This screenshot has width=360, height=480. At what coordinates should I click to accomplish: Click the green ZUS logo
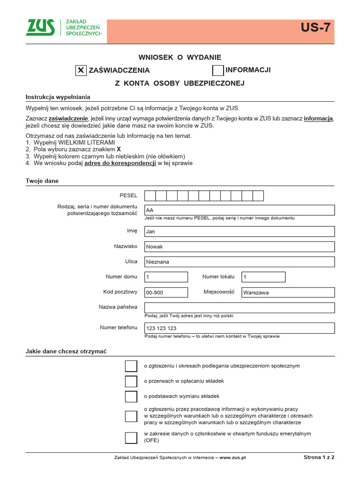pyautogui.click(x=40, y=28)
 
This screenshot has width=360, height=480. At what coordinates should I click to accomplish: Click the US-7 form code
pyautogui.click(x=315, y=28)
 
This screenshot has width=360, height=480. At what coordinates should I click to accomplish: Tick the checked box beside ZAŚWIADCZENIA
pyautogui.click(x=81, y=70)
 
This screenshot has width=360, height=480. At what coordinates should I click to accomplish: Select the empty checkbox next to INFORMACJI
pyautogui.click(x=218, y=70)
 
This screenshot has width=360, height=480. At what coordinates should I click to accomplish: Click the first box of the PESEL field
pyautogui.click(x=150, y=196)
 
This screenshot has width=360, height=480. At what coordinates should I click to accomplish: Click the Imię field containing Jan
pyautogui.click(x=240, y=232)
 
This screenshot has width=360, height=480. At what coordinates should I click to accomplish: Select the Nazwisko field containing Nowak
pyautogui.click(x=240, y=247)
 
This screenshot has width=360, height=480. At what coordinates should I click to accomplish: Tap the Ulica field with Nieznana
pyautogui.click(x=240, y=262)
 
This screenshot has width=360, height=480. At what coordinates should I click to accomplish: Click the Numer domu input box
pyautogui.click(x=166, y=277)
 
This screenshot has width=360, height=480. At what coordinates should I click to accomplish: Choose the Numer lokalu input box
pyautogui.click(x=263, y=277)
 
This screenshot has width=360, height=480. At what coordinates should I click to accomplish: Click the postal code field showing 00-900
pyautogui.click(x=166, y=292)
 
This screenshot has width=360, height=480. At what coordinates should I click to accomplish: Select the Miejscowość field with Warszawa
pyautogui.click(x=288, y=292)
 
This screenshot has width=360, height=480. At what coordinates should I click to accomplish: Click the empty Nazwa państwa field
pyautogui.click(x=240, y=307)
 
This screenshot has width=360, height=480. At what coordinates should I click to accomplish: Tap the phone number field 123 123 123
pyautogui.click(x=240, y=328)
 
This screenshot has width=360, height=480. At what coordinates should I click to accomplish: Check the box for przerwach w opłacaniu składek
pyautogui.click(x=131, y=382)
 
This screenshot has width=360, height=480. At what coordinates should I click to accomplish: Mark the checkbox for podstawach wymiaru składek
pyautogui.click(x=131, y=397)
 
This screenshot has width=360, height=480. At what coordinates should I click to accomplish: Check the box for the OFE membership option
pyautogui.click(x=131, y=438)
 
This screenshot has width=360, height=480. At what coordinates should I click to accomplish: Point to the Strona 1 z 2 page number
pyautogui.click(x=318, y=457)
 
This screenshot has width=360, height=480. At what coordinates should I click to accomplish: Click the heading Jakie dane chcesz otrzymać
pyautogui.click(x=66, y=352)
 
